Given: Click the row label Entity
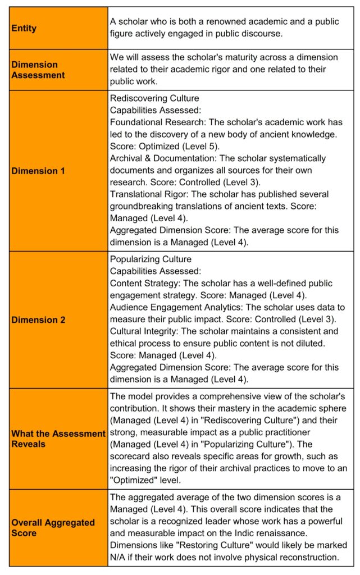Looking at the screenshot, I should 24,28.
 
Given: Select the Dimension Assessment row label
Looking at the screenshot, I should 38,70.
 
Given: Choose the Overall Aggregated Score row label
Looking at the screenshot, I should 53,528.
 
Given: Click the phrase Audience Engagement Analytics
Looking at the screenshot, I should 173,308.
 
